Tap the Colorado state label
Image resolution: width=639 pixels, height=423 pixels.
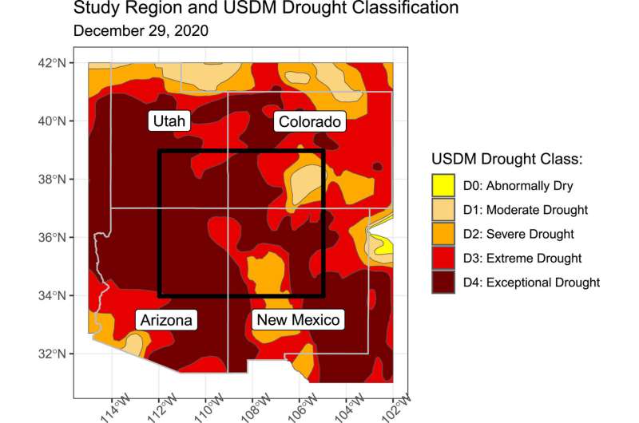pyautogui.click(x=309, y=121)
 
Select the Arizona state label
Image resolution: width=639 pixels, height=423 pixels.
pyautogui.click(x=166, y=320)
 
